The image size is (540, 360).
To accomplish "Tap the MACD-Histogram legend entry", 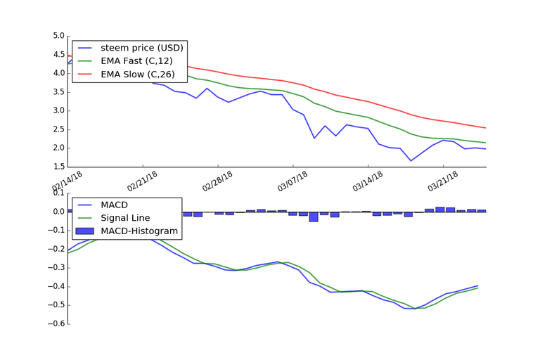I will (x=139, y=231).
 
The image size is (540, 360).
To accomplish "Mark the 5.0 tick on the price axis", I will (x=58, y=36).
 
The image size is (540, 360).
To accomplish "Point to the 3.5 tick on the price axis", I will (x=58, y=92).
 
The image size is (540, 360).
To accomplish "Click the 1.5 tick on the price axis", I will (x=58, y=167).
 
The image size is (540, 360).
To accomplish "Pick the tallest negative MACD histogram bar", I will (x=314, y=217).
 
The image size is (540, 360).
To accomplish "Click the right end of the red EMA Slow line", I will (x=486, y=128).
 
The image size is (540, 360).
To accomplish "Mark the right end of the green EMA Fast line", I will (x=486, y=143).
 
